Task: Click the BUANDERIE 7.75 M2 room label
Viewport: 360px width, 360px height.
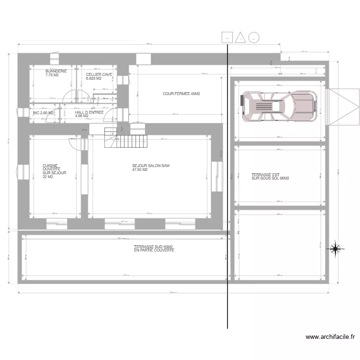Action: coord(56,73)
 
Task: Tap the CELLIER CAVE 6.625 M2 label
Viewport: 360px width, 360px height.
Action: coord(99,76)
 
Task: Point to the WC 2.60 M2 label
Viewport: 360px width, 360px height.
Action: coord(43,113)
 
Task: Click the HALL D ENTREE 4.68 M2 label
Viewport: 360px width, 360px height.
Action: coord(89,114)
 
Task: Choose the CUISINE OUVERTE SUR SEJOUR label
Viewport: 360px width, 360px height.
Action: coord(54,171)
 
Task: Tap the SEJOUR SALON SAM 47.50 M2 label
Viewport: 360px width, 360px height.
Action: coord(151,168)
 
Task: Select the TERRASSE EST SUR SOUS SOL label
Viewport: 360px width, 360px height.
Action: coord(270,177)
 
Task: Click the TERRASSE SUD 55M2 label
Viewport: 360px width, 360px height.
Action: coord(154,248)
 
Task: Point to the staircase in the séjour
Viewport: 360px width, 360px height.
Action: coord(131,141)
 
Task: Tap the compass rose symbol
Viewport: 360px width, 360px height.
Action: coord(335,248)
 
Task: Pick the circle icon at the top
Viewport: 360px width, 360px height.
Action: coord(254,37)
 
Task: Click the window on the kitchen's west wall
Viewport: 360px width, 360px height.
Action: coord(21,172)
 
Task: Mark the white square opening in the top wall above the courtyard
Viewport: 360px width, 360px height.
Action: coord(143,59)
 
